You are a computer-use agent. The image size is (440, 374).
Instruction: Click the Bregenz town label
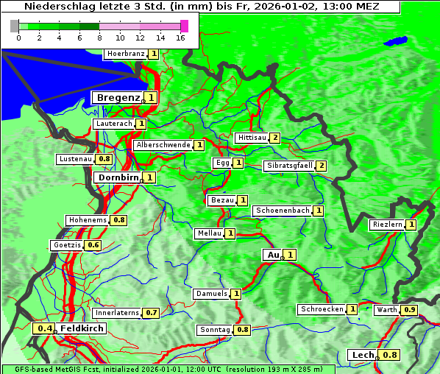coord(118,97)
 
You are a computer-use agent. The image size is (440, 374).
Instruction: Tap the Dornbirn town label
coord(118,177)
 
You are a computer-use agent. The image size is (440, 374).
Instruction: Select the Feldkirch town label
coord(82,328)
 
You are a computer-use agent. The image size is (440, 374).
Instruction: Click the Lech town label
coord(363,355)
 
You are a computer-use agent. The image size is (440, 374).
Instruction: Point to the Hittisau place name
coord(252,138)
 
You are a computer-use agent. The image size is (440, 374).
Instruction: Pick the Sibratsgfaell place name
coord(289,166)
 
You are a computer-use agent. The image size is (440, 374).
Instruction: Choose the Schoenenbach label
coord(282,211)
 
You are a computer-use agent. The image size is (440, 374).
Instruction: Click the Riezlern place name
coord(387,225)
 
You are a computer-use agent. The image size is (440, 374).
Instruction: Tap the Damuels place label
coord(211,294)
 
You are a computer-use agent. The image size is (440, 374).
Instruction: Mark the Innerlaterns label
coord(117,313)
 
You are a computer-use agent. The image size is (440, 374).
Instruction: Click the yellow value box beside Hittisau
coord(275,138)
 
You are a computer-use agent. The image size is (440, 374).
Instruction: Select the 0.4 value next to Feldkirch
coord(45,328)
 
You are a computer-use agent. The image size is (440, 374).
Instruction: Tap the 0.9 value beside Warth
coord(410,310)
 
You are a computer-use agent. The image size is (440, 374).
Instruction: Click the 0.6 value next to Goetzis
coord(93,245)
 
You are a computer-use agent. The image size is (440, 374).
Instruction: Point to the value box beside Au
coord(291,255)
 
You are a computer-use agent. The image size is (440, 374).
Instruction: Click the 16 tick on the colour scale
coord(180,38)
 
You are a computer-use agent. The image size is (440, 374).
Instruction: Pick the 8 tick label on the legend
coord(99,38)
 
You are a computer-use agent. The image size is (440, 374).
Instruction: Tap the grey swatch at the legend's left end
coord(15,26)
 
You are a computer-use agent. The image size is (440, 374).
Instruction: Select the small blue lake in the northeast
coord(397,40)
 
